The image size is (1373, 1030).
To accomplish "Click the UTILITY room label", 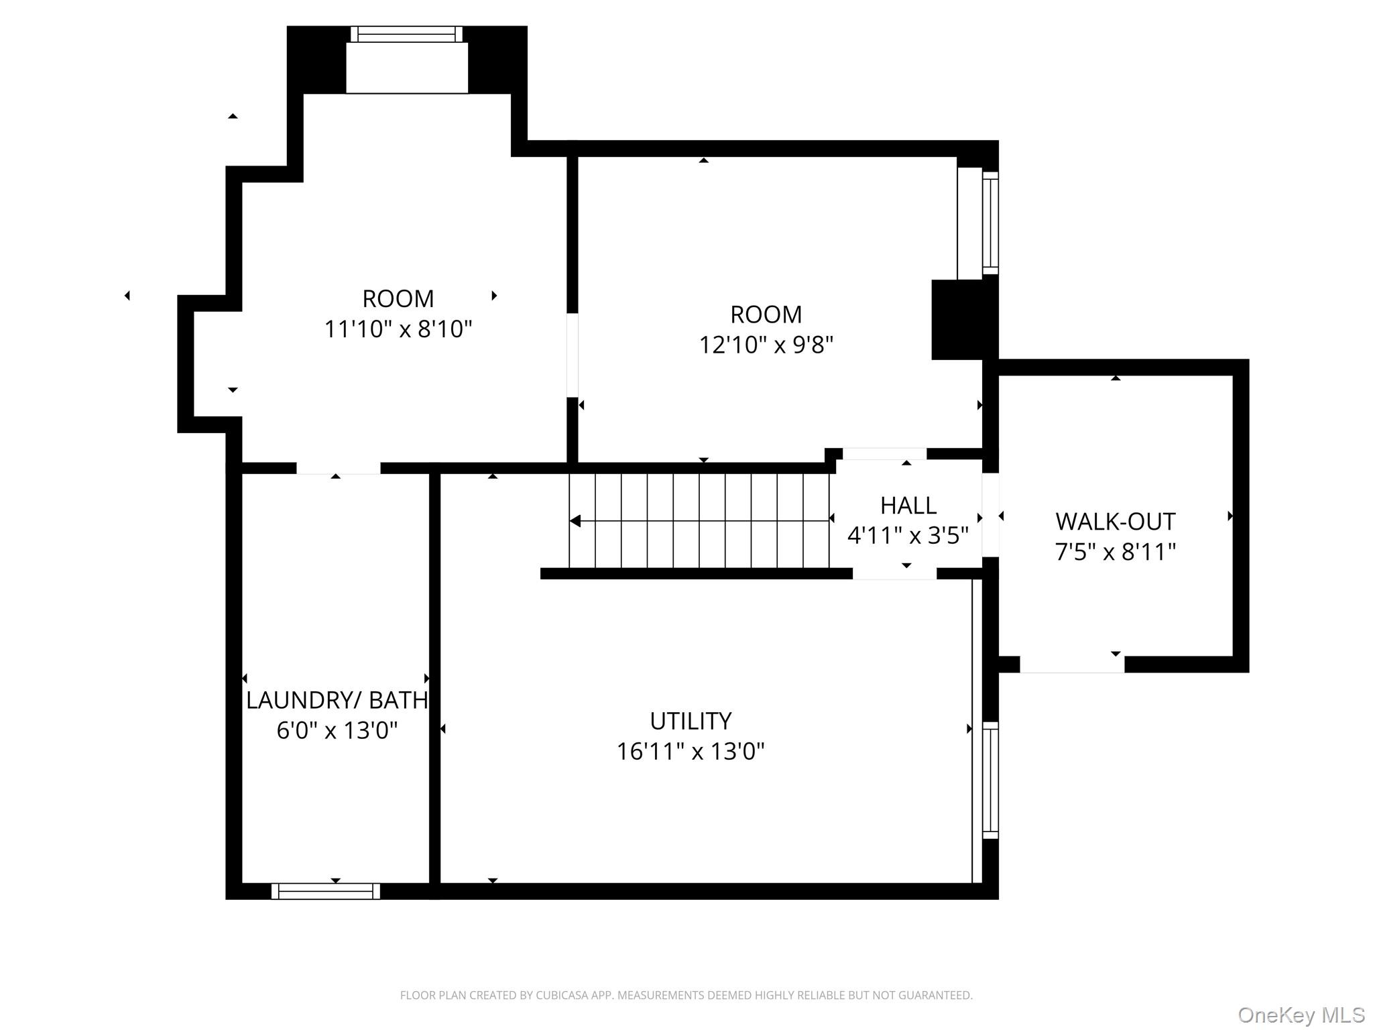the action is (x=691, y=721).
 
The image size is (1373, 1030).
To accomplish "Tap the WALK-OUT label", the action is (x=1116, y=521).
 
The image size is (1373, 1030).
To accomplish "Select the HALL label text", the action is (x=908, y=505).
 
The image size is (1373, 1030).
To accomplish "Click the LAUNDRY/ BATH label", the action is (x=337, y=700).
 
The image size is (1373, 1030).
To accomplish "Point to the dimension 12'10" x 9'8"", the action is (x=766, y=345).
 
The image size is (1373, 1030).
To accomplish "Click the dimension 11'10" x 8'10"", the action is (x=398, y=329).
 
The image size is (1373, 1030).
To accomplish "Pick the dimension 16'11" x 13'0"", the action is (x=691, y=751).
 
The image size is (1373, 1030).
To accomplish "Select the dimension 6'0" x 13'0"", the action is (x=337, y=730).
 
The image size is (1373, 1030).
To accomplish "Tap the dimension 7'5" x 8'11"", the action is (x=1116, y=552).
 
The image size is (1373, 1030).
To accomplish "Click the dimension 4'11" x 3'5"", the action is (x=908, y=536).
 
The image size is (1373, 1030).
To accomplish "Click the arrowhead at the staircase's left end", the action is (x=575, y=521).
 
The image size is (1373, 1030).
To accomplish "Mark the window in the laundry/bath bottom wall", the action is (x=326, y=891).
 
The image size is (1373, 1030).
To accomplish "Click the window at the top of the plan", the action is (x=407, y=34).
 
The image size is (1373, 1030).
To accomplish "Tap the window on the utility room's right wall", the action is (x=990, y=781).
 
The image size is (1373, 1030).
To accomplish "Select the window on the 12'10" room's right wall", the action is (x=990, y=223).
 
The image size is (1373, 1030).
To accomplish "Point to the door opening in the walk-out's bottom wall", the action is (x=1072, y=664).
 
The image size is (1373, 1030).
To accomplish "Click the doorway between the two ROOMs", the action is (x=573, y=355).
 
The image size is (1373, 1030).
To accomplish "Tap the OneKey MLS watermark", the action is (x=1301, y=1015).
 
